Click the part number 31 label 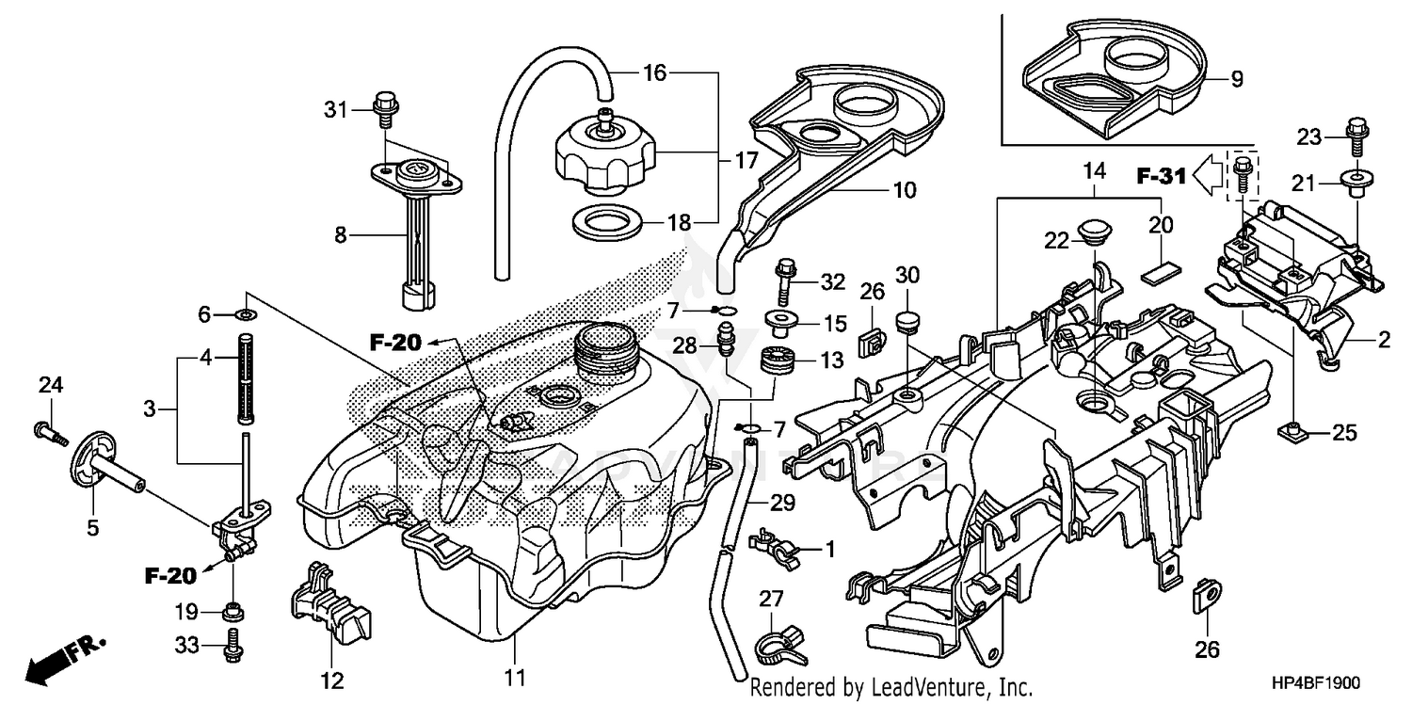[x=336, y=110]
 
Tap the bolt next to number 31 [x=383, y=108]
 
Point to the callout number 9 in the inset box [x=1236, y=80]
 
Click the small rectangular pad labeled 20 [x=1161, y=272]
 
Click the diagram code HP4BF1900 [x=1316, y=684]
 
